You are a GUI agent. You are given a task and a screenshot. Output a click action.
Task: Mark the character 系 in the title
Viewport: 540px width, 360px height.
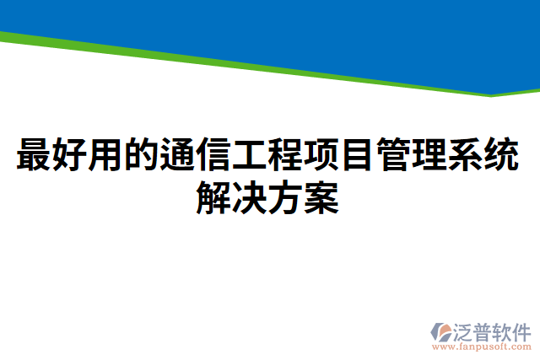469,155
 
